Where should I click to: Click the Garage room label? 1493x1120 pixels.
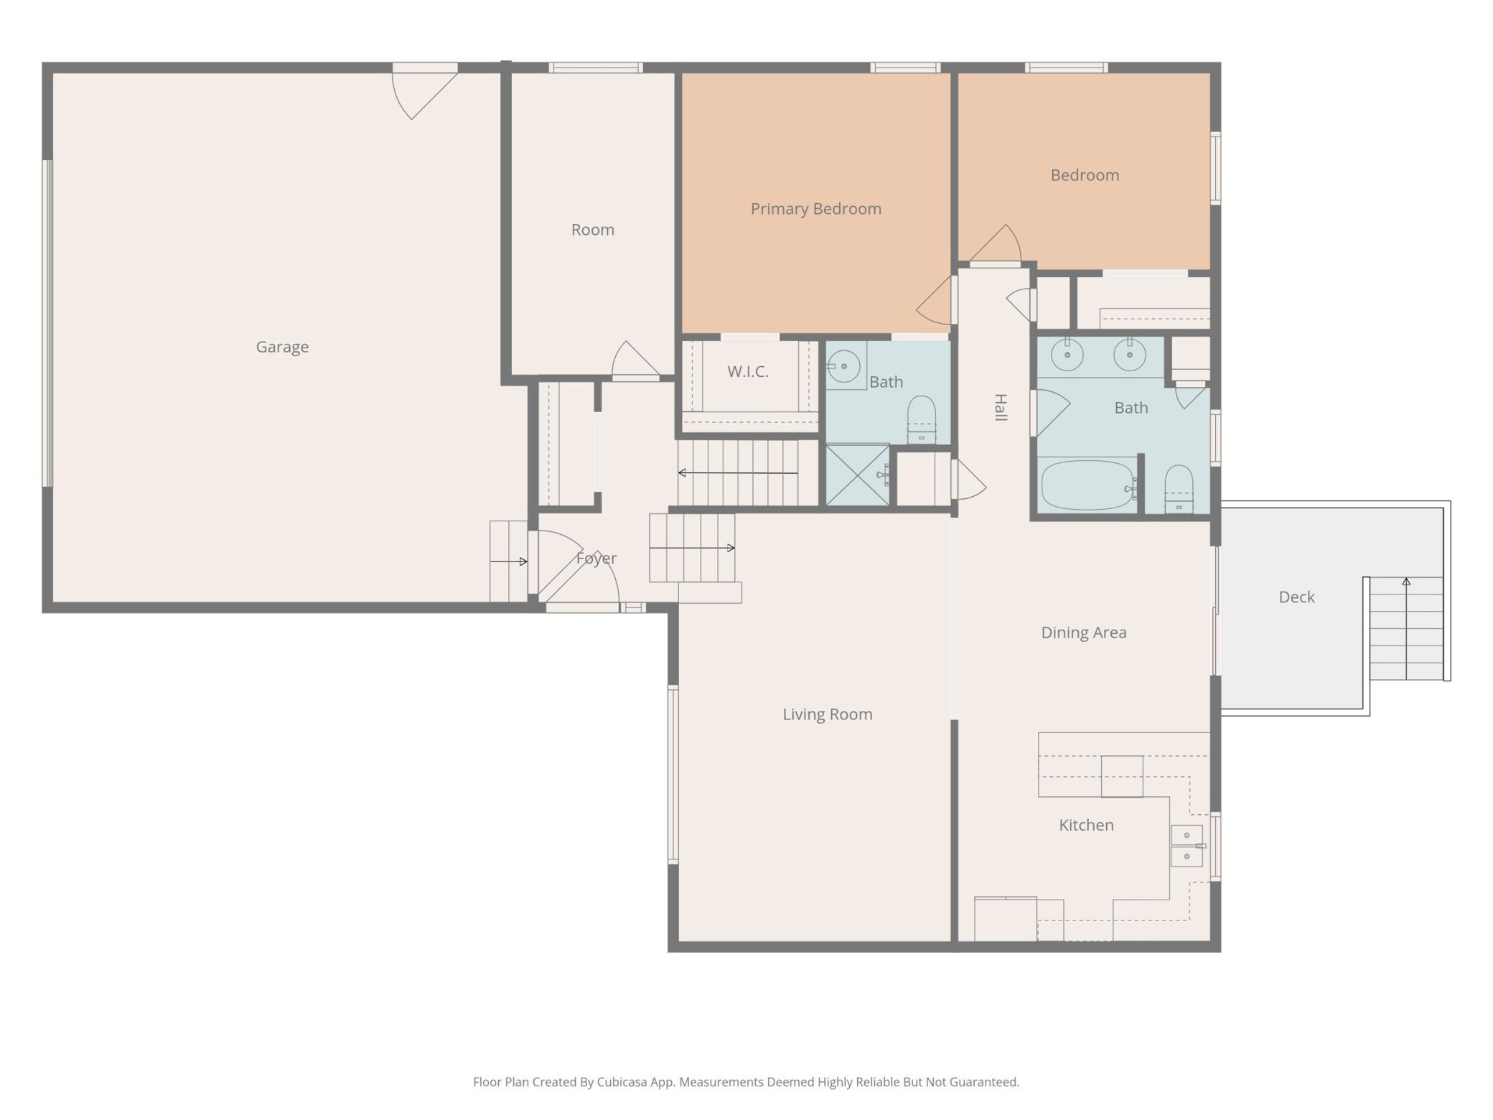(x=282, y=347)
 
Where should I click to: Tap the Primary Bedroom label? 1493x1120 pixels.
(x=815, y=209)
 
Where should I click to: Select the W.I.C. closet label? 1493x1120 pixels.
(x=747, y=371)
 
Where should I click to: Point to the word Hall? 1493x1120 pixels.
(x=1000, y=408)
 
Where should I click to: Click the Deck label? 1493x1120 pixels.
(x=1296, y=597)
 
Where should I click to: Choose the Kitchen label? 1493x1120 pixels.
(x=1086, y=825)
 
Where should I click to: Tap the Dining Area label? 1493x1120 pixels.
(x=1083, y=633)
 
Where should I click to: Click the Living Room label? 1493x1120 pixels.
(x=827, y=714)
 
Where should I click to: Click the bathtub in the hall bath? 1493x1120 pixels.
(x=1087, y=485)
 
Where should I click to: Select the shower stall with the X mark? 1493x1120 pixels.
(x=857, y=475)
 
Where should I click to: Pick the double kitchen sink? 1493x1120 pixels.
(x=1187, y=846)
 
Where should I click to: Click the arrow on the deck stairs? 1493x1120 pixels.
(x=1406, y=582)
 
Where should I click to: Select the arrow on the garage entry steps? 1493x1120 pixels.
(x=509, y=561)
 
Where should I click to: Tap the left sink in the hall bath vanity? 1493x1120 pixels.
(x=1067, y=355)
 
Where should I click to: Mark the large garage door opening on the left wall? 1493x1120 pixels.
(x=47, y=323)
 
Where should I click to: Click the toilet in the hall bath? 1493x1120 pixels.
(x=1179, y=488)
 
